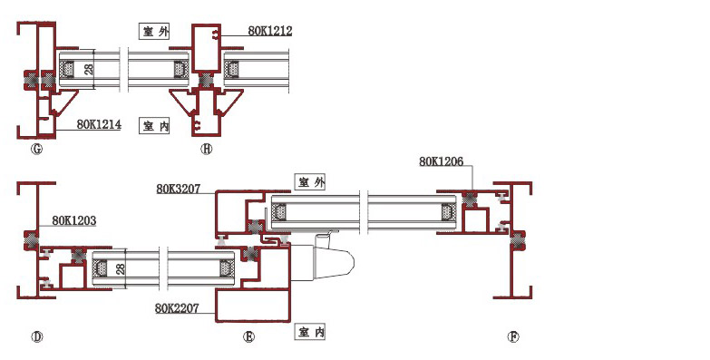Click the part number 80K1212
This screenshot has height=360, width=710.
point(270,31)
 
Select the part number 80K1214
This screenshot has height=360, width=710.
point(99,124)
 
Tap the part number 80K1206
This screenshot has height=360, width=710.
point(441,161)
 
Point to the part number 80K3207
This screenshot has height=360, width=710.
point(179,189)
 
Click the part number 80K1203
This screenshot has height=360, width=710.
point(73,220)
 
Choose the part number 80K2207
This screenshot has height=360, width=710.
point(177,308)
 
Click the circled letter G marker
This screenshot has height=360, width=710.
point(36,149)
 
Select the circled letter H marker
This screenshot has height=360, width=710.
point(206,149)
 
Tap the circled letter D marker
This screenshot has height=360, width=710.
point(36,337)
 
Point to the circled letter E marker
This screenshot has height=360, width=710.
point(248,337)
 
